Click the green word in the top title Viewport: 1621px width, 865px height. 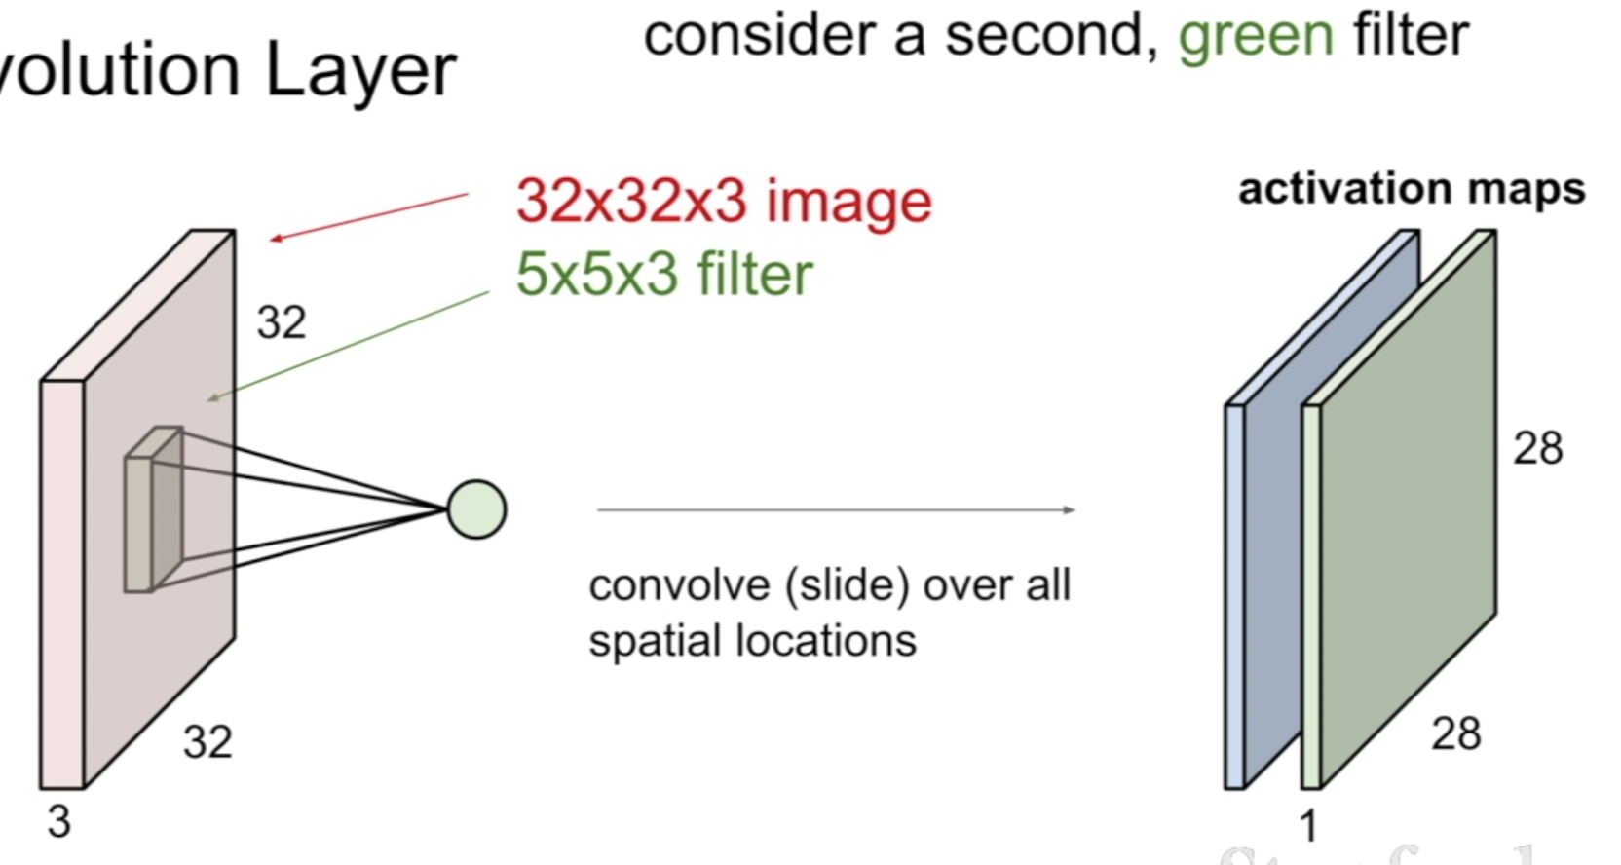pos(1255,36)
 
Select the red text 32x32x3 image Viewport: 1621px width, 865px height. pos(724,201)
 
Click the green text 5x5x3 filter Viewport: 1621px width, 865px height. pos(663,274)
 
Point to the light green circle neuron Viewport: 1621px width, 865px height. pos(476,509)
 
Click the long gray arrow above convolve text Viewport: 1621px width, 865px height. pos(836,509)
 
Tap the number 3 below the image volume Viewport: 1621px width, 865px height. pos(59,822)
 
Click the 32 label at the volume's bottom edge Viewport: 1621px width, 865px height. pos(207,743)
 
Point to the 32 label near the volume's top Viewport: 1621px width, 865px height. pos(281,322)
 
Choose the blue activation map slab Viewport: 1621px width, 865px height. pos(1266,545)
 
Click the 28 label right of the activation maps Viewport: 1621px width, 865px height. pos(1537,448)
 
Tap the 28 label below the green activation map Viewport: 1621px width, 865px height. pos(1455,733)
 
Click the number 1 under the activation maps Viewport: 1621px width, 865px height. pos(1308,827)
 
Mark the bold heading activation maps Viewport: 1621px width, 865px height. pos(1412,189)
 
